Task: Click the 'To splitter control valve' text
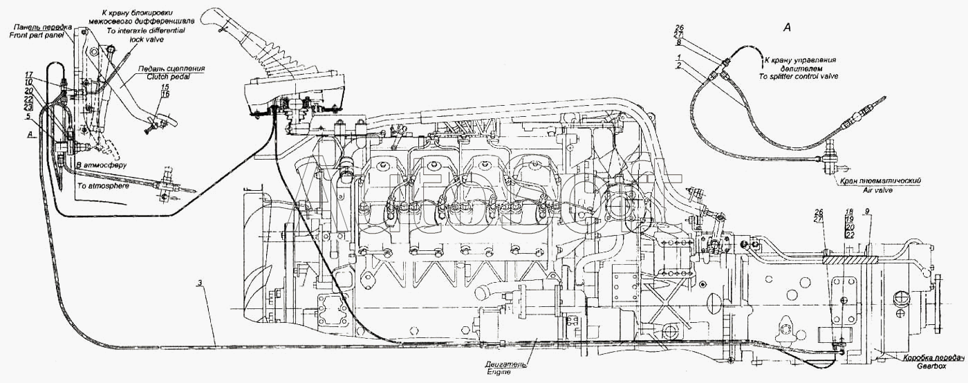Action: point(798,76)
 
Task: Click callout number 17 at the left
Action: point(30,74)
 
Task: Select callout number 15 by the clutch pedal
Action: point(164,87)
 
